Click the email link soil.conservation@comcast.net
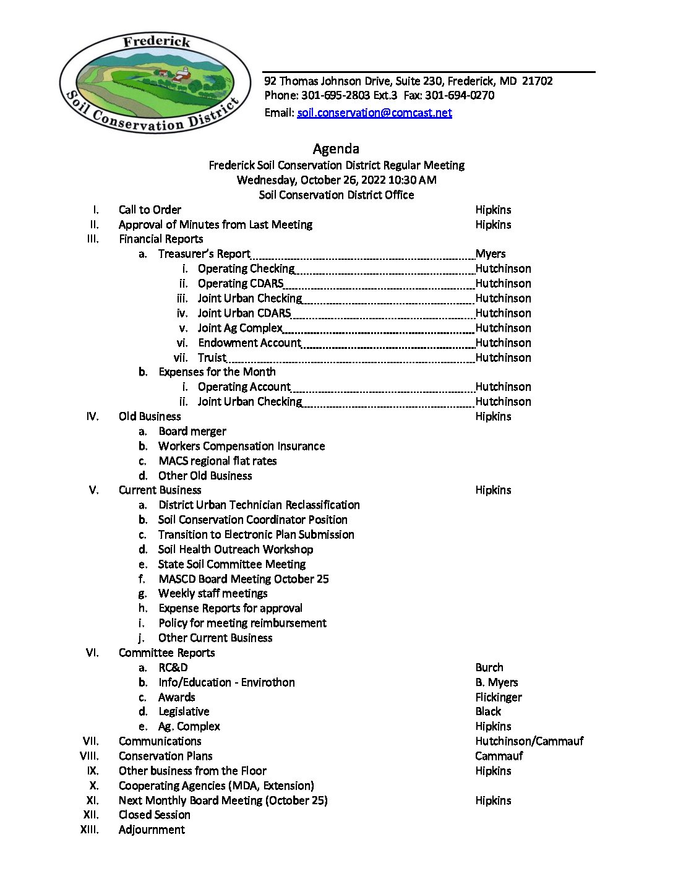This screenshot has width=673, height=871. click(374, 113)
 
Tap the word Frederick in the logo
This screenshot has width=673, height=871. click(156, 42)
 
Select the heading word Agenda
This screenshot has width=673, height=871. click(336, 148)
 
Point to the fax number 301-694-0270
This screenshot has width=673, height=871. click(460, 95)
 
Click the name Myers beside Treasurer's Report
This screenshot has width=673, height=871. click(491, 254)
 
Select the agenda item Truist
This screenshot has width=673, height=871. click(212, 358)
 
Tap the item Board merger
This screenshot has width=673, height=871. click(192, 431)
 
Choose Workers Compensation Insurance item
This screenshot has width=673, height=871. click(241, 446)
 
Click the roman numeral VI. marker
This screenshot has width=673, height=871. click(92, 653)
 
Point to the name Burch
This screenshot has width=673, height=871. click(489, 667)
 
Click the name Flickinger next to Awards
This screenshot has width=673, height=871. click(499, 697)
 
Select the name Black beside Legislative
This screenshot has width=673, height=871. click(488, 712)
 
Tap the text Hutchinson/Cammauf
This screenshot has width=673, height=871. click(529, 741)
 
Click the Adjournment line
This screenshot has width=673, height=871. click(152, 830)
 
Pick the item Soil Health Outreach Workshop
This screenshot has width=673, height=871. click(236, 549)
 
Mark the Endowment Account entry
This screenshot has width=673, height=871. click(249, 343)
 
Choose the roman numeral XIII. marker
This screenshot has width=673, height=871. click(90, 830)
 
